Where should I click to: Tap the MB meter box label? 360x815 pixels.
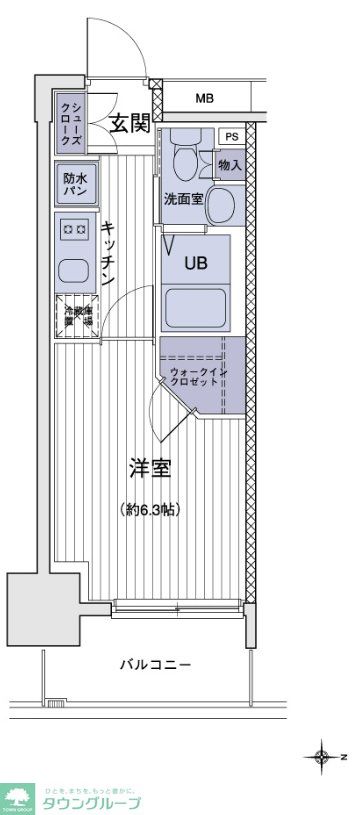click(204, 98)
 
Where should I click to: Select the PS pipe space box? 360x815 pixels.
click(231, 137)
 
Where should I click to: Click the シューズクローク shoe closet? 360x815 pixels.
click(70, 122)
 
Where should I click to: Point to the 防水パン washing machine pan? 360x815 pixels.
click(74, 183)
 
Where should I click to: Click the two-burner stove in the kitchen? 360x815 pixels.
click(75, 230)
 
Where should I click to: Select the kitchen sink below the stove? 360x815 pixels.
click(73, 269)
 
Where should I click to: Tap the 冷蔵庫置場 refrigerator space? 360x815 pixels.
click(74, 316)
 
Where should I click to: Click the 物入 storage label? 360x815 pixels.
click(230, 164)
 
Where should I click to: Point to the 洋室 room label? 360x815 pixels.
click(152, 467)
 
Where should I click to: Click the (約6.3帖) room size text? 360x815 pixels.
click(152, 509)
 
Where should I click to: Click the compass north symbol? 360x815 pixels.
click(322, 756)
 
